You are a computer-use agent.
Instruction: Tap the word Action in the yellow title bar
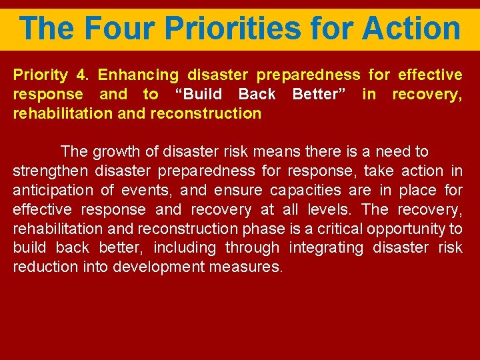point(411,28)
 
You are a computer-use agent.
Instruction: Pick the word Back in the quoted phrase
point(257,94)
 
